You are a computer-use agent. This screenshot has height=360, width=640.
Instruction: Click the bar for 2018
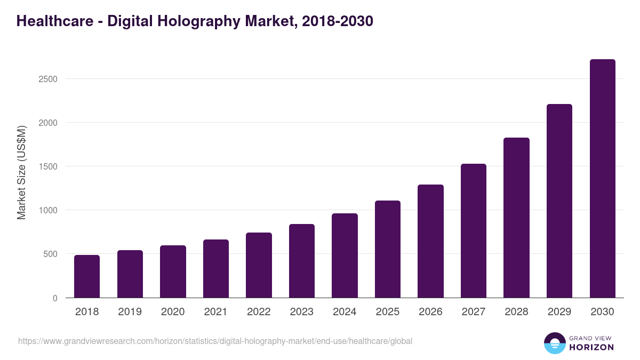pyautogui.click(x=87, y=276)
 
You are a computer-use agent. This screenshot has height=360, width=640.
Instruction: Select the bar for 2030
pyautogui.click(x=603, y=179)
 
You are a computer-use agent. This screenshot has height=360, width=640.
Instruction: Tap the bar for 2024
pyautogui.click(x=345, y=255)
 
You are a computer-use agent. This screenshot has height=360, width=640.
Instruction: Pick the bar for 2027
pyautogui.click(x=474, y=230)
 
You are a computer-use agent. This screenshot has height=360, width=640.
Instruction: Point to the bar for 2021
pyautogui.click(x=216, y=269)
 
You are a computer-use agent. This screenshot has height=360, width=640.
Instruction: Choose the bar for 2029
pyautogui.click(x=559, y=201)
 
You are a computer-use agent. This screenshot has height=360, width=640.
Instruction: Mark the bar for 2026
pyautogui.click(x=430, y=241)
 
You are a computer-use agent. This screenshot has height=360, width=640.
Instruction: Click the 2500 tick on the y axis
pyautogui.click(x=48, y=79)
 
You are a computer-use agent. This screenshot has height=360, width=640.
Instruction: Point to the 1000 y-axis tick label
pyautogui.click(x=48, y=210)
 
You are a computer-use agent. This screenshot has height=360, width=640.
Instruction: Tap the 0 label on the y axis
pyautogui.click(x=54, y=298)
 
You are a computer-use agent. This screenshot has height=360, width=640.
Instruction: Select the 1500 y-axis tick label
pyautogui.click(x=48, y=166)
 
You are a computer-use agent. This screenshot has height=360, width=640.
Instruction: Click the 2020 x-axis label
pyautogui.click(x=173, y=312)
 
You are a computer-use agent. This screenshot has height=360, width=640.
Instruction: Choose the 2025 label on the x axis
pyautogui.click(x=388, y=312)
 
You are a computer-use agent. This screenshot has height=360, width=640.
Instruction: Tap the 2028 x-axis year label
pyautogui.click(x=516, y=312)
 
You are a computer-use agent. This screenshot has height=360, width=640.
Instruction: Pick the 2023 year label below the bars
pyautogui.click(x=302, y=312)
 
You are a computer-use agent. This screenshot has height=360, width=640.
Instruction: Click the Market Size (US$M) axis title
pyautogui.click(x=21, y=172)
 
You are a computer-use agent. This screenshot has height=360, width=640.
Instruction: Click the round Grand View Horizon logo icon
pyautogui.click(x=555, y=343)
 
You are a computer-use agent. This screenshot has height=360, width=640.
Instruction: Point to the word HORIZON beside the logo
pyautogui.click(x=591, y=347)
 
